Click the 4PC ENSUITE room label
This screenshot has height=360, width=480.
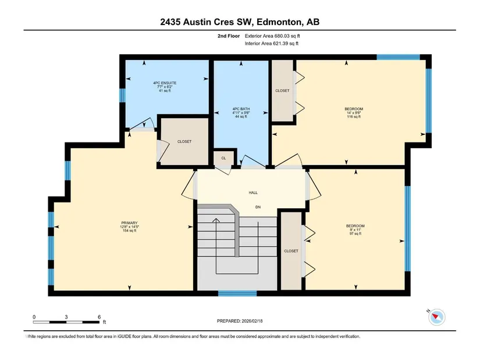click(165, 83)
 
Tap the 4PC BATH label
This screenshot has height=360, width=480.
click(241, 109)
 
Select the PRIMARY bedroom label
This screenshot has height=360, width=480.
click(130, 223)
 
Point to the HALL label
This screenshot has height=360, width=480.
click(253, 193)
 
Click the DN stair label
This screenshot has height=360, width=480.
click(258, 207)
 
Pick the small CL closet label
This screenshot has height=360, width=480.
click(223, 158)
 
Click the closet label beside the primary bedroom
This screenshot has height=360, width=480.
click(184, 141)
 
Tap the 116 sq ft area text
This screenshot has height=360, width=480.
click(354, 117)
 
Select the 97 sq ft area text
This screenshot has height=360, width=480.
click(355, 234)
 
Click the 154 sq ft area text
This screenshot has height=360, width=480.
click(130, 230)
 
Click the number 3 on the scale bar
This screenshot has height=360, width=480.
click(66, 317)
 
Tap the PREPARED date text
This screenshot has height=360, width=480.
click(240, 321)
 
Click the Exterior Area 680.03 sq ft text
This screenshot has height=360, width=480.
click(272, 36)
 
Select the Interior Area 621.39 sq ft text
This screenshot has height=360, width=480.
click(272, 44)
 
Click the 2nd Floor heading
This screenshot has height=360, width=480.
click(229, 36)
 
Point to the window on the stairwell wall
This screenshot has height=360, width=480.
click(237, 293)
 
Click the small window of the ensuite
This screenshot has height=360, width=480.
click(122, 95)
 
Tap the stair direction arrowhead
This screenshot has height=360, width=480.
click(216, 220)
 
